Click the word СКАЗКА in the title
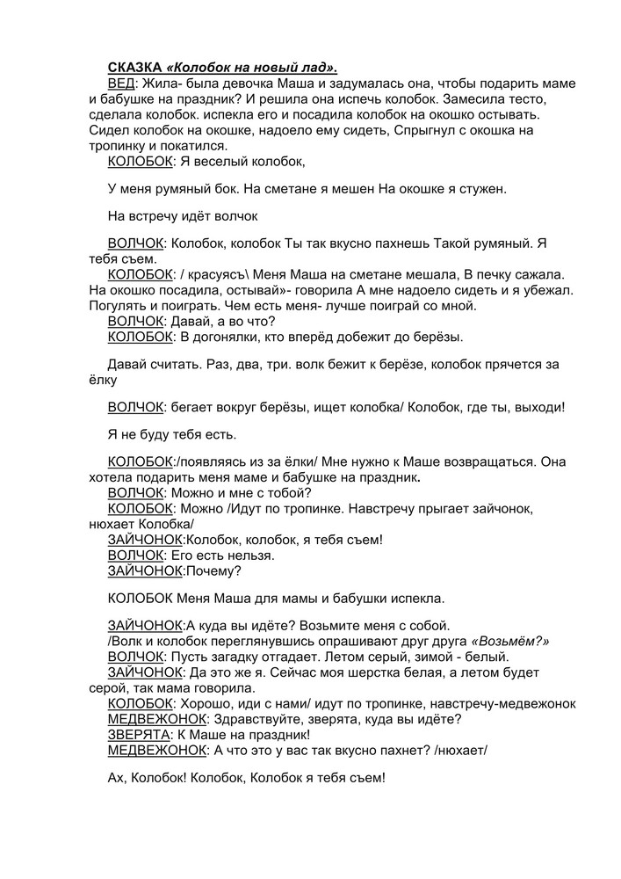tap(134, 68)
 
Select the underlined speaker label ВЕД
tap(121, 83)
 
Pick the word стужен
tap(486, 188)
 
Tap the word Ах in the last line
tap(116, 778)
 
